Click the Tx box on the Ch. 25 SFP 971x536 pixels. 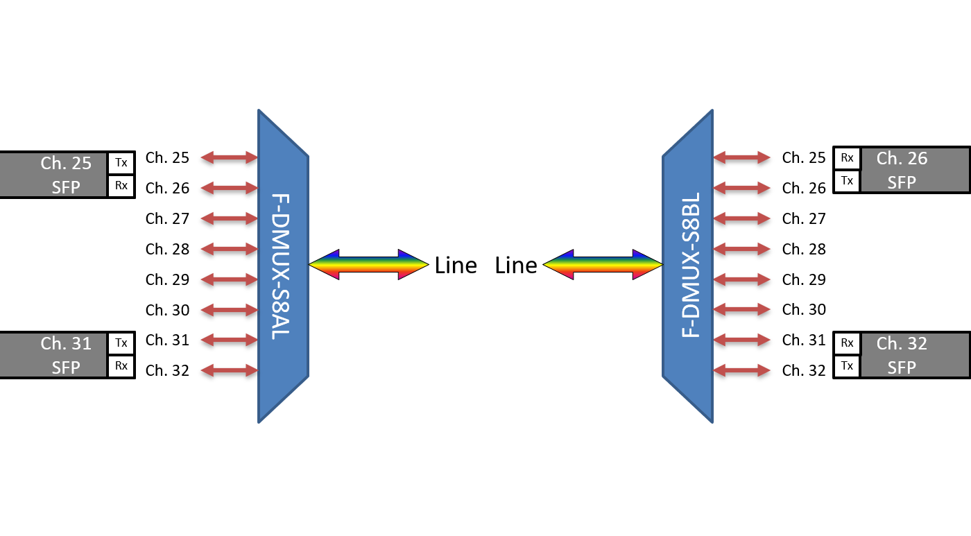[121, 163]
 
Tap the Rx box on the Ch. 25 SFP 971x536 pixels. [121, 186]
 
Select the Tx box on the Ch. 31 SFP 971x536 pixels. [121, 343]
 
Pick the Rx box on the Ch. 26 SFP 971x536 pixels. [847, 158]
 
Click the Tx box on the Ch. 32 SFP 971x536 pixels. [847, 365]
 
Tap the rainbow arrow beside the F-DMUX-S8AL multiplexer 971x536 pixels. [368, 264]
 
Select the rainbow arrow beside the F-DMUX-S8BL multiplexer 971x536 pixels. [603, 264]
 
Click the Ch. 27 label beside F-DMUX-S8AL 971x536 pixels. [167, 218]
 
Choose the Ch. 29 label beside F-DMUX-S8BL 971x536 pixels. [804, 279]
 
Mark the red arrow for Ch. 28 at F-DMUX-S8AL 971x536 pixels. [229, 249]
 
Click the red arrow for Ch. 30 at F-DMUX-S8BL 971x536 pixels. [742, 310]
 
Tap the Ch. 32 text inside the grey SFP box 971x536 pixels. [902, 343]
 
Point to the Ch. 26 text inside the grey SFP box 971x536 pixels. [902, 158]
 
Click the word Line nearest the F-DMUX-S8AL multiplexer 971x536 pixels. [456, 266]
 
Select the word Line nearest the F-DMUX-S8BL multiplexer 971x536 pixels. [516, 266]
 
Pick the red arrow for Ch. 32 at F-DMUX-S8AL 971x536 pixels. [229, 370]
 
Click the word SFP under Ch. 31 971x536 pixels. [66, 367]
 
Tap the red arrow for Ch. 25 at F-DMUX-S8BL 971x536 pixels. [742, 157]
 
